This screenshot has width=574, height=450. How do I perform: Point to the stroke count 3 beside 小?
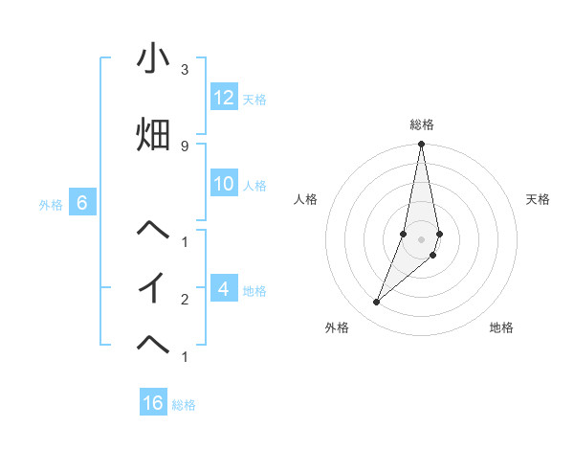pos(184,70)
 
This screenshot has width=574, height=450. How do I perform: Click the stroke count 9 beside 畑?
pos(184,146)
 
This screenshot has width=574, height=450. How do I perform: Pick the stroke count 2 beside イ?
pos(184,299)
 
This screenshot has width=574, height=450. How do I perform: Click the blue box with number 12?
pos(224,98)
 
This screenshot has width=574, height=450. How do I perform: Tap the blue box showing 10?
pos(224,184)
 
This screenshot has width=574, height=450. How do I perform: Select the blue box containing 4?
pos(224,288)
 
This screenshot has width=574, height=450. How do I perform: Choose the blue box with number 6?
pos(82,203)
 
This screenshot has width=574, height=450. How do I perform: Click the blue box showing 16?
pos(153,403)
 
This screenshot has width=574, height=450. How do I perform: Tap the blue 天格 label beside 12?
pos(254,100)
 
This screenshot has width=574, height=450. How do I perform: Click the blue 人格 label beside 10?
pos(254,186)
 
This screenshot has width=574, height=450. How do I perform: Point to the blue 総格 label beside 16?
pos(184,405)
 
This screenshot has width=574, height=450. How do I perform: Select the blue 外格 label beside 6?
pos(51,205)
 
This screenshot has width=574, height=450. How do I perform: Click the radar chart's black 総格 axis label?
pos(422,124)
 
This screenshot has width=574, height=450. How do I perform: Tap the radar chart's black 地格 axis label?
pos(501,328)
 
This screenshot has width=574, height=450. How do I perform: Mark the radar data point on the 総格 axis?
pos(422,145)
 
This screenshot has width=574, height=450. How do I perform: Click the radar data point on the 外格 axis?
pos(377,303)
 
